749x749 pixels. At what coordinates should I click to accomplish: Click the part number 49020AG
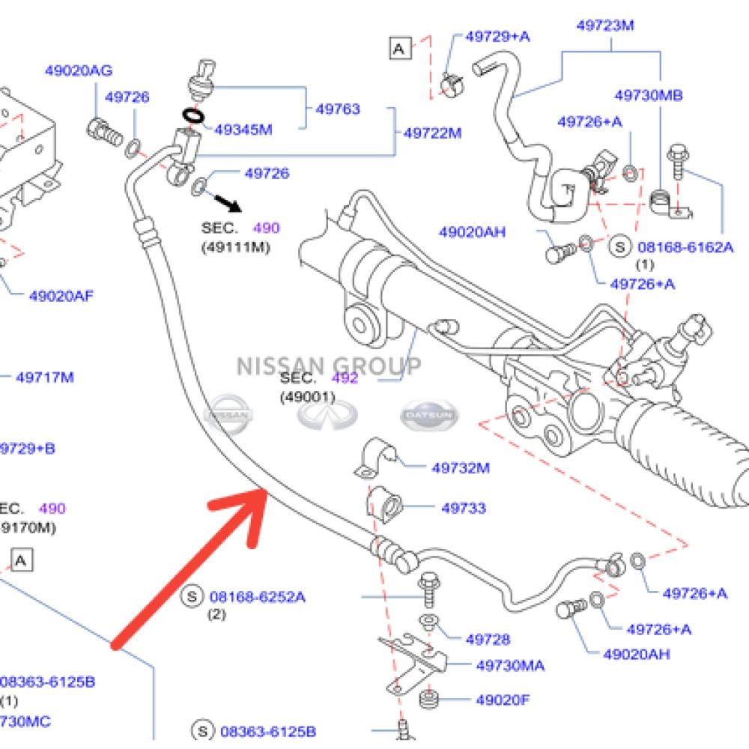(x=78, y=71)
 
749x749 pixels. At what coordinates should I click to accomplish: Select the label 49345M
(x=243, y=130)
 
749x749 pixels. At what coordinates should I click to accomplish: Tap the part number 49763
(x=337, y=109)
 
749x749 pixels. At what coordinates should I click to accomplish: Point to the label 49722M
(x=432, y=133)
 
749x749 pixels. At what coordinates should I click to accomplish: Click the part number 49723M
(x=605, y=25)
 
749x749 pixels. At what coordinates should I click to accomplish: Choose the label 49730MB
(x=648, y=96)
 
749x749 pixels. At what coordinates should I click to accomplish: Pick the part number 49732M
(x=460, y=468)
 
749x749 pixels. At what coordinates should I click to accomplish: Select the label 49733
(x=463, y=508)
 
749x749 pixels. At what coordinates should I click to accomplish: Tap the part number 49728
(x=487, y=640)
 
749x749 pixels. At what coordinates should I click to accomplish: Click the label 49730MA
(x=510, y=665)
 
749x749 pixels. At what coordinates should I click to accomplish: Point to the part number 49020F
(x=503, y=700)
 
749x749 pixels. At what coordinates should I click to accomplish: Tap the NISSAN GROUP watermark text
(x=329, y=366)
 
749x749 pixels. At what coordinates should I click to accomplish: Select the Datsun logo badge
(x=428, y=414)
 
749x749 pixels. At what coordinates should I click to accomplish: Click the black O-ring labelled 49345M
(x=193, y=116)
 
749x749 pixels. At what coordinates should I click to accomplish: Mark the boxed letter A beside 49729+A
(x=400, y=49)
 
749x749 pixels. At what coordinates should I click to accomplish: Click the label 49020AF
(x=61, y=295)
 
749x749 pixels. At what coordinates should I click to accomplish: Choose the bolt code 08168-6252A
(x=257, y=597)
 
